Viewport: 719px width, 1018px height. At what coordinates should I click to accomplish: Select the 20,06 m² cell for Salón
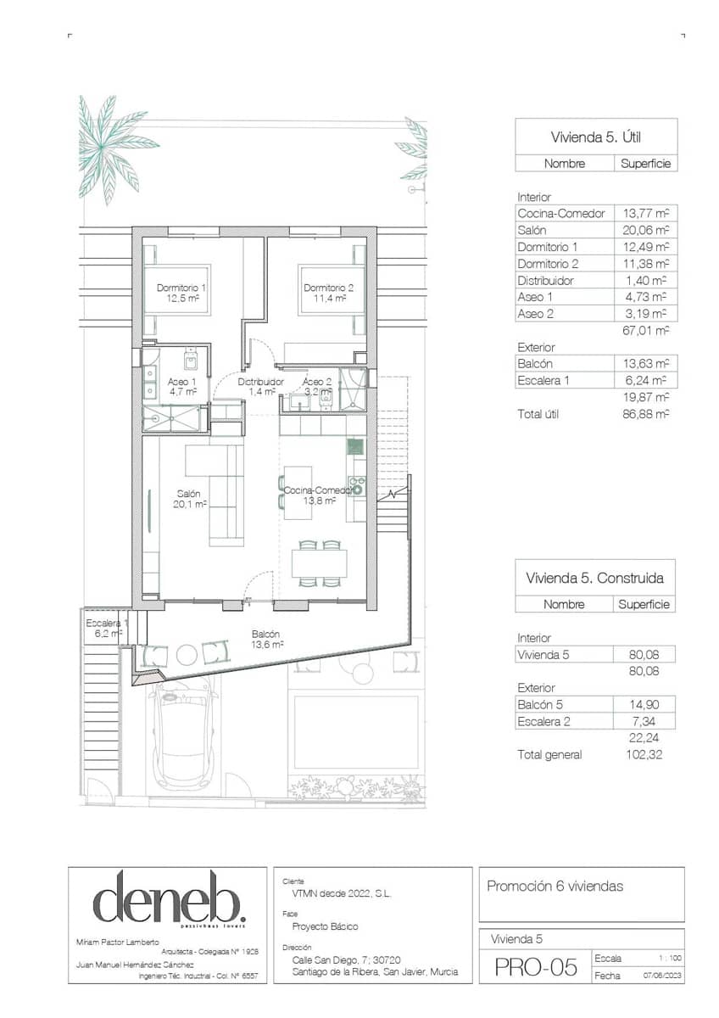(644, 230)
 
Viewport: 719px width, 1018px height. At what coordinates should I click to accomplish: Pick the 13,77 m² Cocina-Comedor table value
(644, 214)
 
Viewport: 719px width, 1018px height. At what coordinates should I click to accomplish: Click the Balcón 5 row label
(540, 704)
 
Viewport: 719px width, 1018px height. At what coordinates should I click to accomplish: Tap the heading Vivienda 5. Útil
(596, 136)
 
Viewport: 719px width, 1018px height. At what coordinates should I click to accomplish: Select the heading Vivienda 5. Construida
(594, 578)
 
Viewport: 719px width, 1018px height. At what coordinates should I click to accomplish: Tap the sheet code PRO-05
(535, 967)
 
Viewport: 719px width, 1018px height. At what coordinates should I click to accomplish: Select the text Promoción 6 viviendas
(555, 887)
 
